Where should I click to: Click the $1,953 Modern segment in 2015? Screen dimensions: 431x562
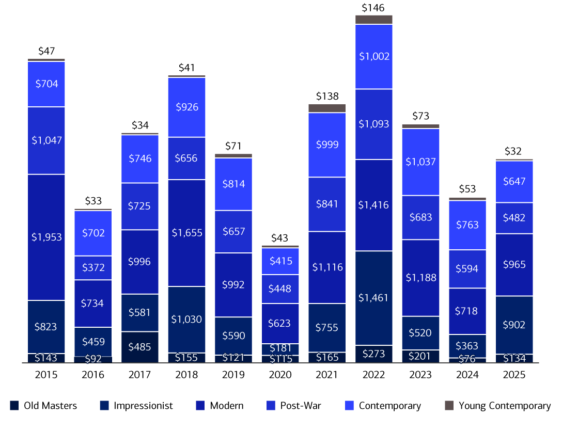(x=46, y=237)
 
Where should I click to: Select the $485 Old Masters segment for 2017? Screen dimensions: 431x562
(x=140, y=347)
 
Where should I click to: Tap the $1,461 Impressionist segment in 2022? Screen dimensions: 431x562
(x=373, y=298)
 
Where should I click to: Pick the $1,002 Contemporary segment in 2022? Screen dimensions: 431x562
(x=373, y=57)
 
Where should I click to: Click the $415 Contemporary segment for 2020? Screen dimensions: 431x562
(x=280, y=261)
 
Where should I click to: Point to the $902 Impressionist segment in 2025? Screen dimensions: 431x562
(x=514, y=325)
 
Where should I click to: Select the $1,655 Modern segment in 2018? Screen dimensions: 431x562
(x=186, y=233)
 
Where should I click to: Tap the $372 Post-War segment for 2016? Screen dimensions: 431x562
(x=93, y=267)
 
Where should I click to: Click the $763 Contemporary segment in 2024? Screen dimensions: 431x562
(x=467, y=225)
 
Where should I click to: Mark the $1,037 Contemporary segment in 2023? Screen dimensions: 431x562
(x=420, y=162)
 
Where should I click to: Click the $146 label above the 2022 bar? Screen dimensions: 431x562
(x=373, y=8)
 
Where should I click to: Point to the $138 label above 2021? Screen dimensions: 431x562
(x=327, y=96)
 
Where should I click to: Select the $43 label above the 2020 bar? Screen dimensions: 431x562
(x=280, y=238)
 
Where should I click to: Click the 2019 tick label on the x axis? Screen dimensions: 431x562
(x=233, y=375)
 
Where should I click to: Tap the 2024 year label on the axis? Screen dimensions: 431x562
(x=467, y=375)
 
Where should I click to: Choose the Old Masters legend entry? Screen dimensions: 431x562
(x=44, y=406)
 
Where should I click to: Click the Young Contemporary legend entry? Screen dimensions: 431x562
(x=498, y=406)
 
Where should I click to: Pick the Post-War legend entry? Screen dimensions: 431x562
(x=294, y=406)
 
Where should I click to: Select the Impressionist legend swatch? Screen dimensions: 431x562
(x=104, y=406)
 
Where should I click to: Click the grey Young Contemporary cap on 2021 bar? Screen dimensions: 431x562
(x=327, y=108)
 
